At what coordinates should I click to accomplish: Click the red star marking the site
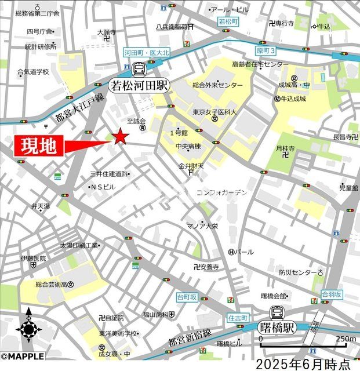pyautogui.click(x=120, y=137)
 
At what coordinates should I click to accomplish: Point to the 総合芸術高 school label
pyautogui.click(x=55, y=284)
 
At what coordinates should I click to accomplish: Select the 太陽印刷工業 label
pyautogui.click(x=79, y=245)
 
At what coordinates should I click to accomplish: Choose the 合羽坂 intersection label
pyautogui.click(x=333, y=294)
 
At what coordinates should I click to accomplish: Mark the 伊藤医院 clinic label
pyautogui.click(x=32, y=257)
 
